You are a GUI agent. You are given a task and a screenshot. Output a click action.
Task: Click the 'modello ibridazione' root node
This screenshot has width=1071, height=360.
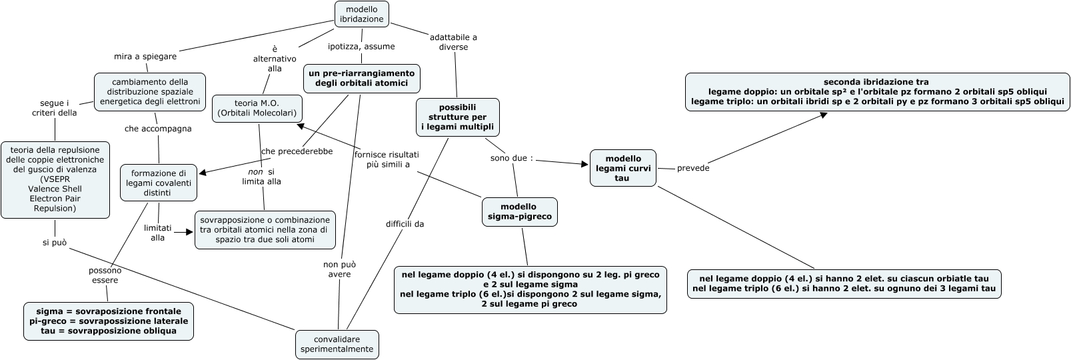pos(361,14)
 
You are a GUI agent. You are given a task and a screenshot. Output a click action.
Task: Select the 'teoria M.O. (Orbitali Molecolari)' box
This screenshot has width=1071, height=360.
pos(257,108)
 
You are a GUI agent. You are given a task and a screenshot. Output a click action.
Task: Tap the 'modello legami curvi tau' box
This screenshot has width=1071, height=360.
pos(622,168)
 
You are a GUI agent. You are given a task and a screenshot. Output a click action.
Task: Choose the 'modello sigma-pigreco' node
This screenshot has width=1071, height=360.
pos(519,212)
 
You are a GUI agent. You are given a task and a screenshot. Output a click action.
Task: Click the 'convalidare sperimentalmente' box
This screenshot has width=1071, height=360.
pos(337,344)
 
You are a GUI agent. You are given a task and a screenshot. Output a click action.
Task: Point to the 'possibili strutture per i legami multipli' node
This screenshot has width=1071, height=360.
pos(457,117)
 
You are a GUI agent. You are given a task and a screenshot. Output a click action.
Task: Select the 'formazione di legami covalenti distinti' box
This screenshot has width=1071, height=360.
pos(158,182)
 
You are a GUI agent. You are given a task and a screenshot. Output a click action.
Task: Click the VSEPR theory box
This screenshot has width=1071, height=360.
pos(55,179)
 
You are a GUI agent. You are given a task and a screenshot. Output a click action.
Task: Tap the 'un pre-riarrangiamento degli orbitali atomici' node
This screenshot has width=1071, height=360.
pos(362,78)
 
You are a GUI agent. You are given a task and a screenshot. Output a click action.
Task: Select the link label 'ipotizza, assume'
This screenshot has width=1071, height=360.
pos(361,47)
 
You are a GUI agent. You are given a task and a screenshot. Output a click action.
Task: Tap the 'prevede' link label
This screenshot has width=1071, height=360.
pos(692,168)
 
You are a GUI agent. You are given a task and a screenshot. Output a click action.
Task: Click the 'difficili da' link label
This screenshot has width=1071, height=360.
pos(405,224)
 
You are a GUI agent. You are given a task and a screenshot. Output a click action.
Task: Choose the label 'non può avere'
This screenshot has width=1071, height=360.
pos(337,269)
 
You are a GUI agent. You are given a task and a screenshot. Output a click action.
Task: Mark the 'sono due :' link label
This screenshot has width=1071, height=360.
pos(512,159)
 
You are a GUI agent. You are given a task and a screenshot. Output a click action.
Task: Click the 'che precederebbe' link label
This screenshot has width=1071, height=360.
pos(297,151)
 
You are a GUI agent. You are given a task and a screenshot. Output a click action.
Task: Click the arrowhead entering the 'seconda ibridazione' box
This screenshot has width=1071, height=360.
pos(824,115)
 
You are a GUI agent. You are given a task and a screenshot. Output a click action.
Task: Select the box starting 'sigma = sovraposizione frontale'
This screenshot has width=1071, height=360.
pos(109,321)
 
